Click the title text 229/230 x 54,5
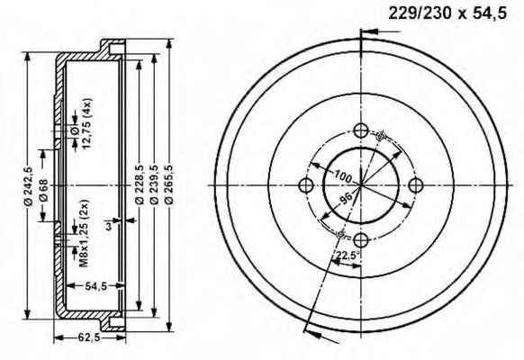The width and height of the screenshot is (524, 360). pos(447,14)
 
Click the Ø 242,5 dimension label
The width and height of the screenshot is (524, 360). pos(29,186)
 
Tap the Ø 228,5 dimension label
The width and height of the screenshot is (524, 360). pos(139,184)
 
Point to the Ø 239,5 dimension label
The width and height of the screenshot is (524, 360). pos(154,184)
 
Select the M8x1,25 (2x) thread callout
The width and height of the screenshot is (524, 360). pos(83,233)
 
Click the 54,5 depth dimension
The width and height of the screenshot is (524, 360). pos(96,286)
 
